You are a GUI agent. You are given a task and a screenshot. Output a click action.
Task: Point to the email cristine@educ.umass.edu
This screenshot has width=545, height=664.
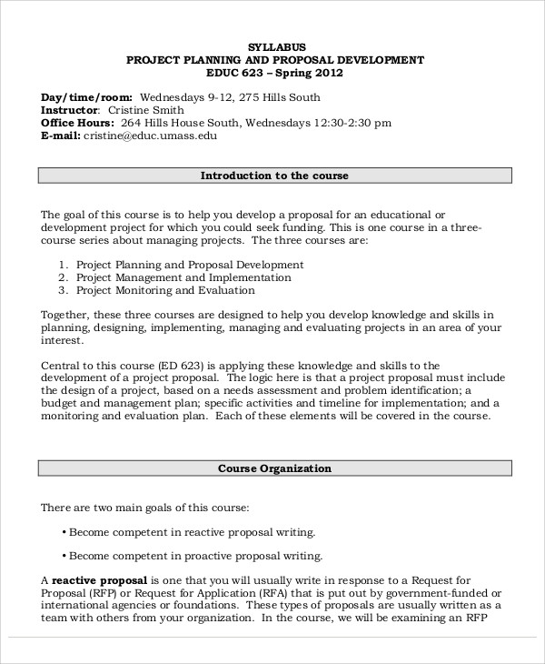click(151, 136)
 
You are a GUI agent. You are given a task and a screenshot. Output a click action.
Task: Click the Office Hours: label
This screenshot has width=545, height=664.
click(77, 123)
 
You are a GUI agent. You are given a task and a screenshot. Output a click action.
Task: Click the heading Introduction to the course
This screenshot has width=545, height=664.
click(274, 176)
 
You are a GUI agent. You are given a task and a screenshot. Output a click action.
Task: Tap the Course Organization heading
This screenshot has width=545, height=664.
click(274, 468)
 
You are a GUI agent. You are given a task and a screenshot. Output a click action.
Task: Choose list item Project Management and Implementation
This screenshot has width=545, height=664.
click(183, 277)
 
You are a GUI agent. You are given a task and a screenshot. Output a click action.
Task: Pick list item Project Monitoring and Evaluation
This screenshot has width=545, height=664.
click(165, 290)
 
